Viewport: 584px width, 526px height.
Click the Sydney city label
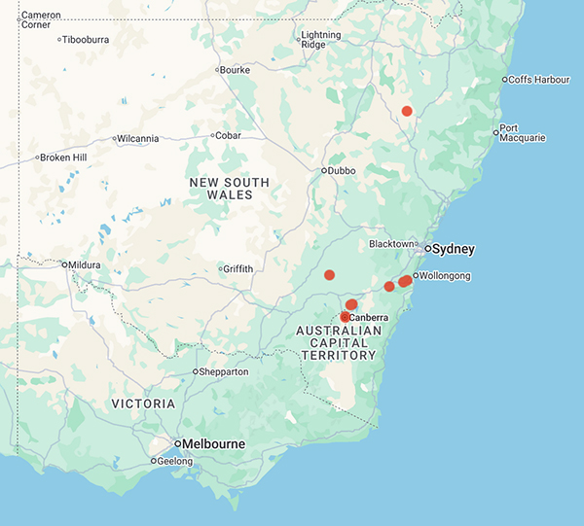[454, 249]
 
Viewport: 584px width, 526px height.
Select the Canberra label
[370, 318]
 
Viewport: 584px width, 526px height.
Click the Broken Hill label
[65, 158]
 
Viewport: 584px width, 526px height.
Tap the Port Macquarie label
[522, 133]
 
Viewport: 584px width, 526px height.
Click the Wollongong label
[446, 276]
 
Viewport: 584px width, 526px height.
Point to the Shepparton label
[225, 372]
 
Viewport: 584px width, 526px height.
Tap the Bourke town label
[236, 70]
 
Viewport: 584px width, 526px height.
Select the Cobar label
[229, 136]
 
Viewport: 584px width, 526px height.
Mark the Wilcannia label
[138, 139]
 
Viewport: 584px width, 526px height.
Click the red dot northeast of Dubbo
[407, 111]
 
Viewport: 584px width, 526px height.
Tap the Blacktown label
[391, 244]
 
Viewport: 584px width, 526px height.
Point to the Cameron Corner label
[41, 19]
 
